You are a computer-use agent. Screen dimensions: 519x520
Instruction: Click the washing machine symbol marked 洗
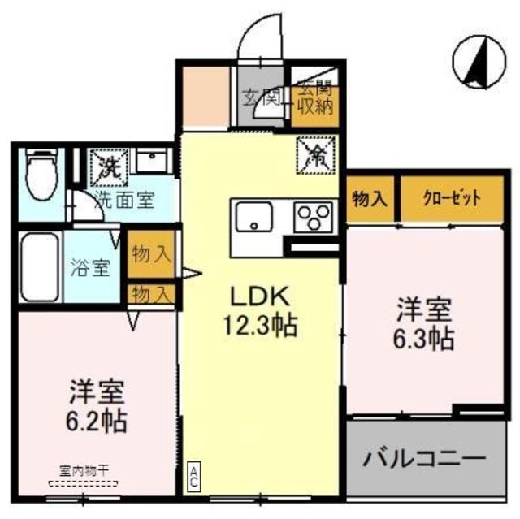point(107,167)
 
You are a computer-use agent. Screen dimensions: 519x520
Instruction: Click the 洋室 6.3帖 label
point(424,324)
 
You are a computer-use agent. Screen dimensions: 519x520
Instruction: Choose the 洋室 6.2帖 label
point(96,406)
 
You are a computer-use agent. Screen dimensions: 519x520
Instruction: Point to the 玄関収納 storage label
point(314,98)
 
